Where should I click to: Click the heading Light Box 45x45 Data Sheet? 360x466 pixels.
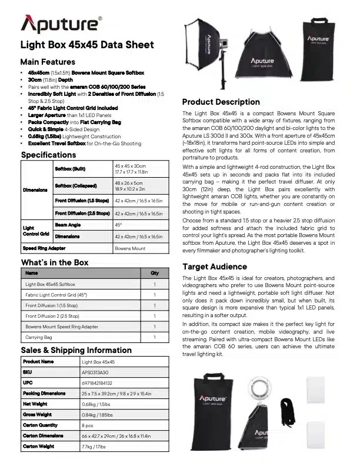click(87, 45)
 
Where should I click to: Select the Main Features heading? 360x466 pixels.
click(48, 62)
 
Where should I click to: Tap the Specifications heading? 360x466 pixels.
click(48, 155)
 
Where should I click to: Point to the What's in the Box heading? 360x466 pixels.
click(55, 262)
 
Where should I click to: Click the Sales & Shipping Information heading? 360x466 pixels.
click(76, 350)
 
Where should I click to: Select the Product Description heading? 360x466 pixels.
click(221, 102)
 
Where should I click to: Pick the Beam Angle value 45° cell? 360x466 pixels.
click(119, 224)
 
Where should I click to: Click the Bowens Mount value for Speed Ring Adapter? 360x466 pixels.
click(131, 249)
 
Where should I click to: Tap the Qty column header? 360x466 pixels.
click(155, 273)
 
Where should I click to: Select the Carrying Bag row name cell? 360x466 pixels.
click(39, 337)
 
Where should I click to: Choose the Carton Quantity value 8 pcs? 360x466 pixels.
click(88, 425)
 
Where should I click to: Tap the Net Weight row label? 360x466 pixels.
click(35, 404)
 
